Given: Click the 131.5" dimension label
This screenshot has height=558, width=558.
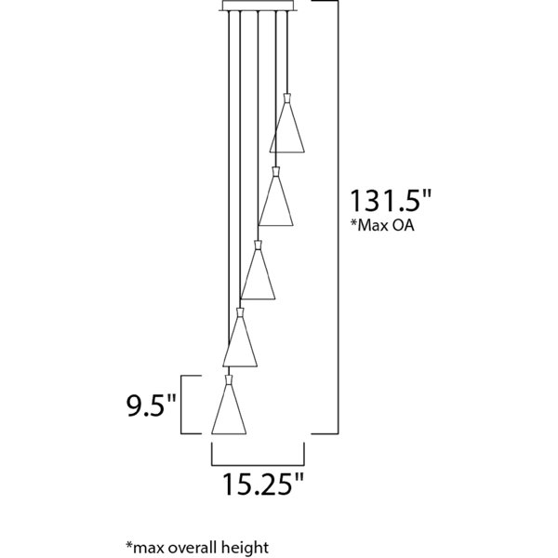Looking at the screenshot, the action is tap(391, 201).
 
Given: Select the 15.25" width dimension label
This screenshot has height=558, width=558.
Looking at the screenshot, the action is tap(263, 484).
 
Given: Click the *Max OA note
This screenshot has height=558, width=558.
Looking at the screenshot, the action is tap(382, 225).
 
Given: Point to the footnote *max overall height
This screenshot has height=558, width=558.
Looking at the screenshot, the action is tap(198, 548).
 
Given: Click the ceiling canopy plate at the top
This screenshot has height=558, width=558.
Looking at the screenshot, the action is tap(258, 6).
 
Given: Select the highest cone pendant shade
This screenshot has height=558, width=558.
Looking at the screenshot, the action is tap(287, 127).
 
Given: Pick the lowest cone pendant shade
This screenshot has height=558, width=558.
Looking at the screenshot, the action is tap(229, 409).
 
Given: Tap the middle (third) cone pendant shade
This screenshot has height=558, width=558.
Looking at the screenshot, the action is tap(258, 274).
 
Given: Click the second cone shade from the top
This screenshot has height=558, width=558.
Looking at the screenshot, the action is tap(276, 201).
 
